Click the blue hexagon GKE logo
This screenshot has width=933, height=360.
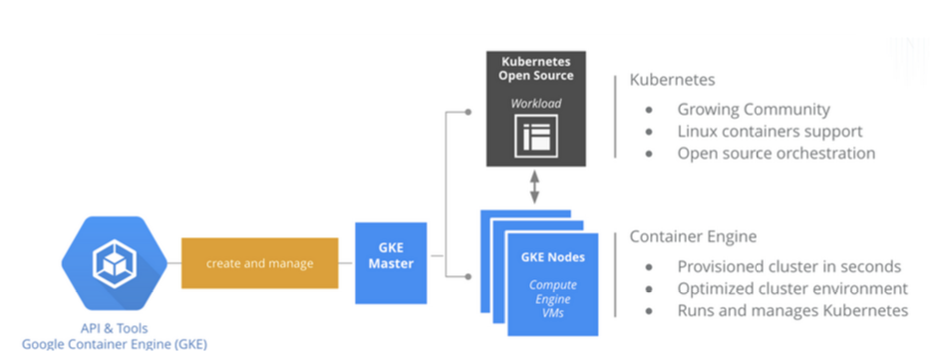pos(115,263)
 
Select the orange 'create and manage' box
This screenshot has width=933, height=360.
pos(259,263)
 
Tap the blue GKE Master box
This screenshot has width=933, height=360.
pos(391,263)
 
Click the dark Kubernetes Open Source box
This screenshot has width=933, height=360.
pos(536,109)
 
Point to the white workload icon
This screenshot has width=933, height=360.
pos(536,136)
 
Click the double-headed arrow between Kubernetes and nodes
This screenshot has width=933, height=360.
pos(534,187)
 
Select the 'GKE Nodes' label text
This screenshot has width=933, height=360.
pos(553,257)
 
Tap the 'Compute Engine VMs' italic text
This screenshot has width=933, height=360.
pos(553,299)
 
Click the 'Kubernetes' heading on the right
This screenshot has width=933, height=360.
pos(672,80)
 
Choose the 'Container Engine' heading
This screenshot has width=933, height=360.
pos(693,236)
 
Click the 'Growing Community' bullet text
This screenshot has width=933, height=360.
pos(754,110)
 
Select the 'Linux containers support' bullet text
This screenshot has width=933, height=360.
pos(770,132)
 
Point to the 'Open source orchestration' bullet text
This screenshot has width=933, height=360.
pos(777,154)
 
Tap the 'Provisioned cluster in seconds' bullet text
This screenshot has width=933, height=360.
pos(789,266)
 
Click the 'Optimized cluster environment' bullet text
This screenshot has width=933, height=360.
pos(792,288)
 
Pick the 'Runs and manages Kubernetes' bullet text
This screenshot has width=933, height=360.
pos(792,310)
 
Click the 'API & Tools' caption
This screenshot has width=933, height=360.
pos(115,328)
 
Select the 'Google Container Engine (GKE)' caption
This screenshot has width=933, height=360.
pos(115,344)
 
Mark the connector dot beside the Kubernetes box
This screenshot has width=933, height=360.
pos(468,112)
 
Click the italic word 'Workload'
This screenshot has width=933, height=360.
pos(535,103)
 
